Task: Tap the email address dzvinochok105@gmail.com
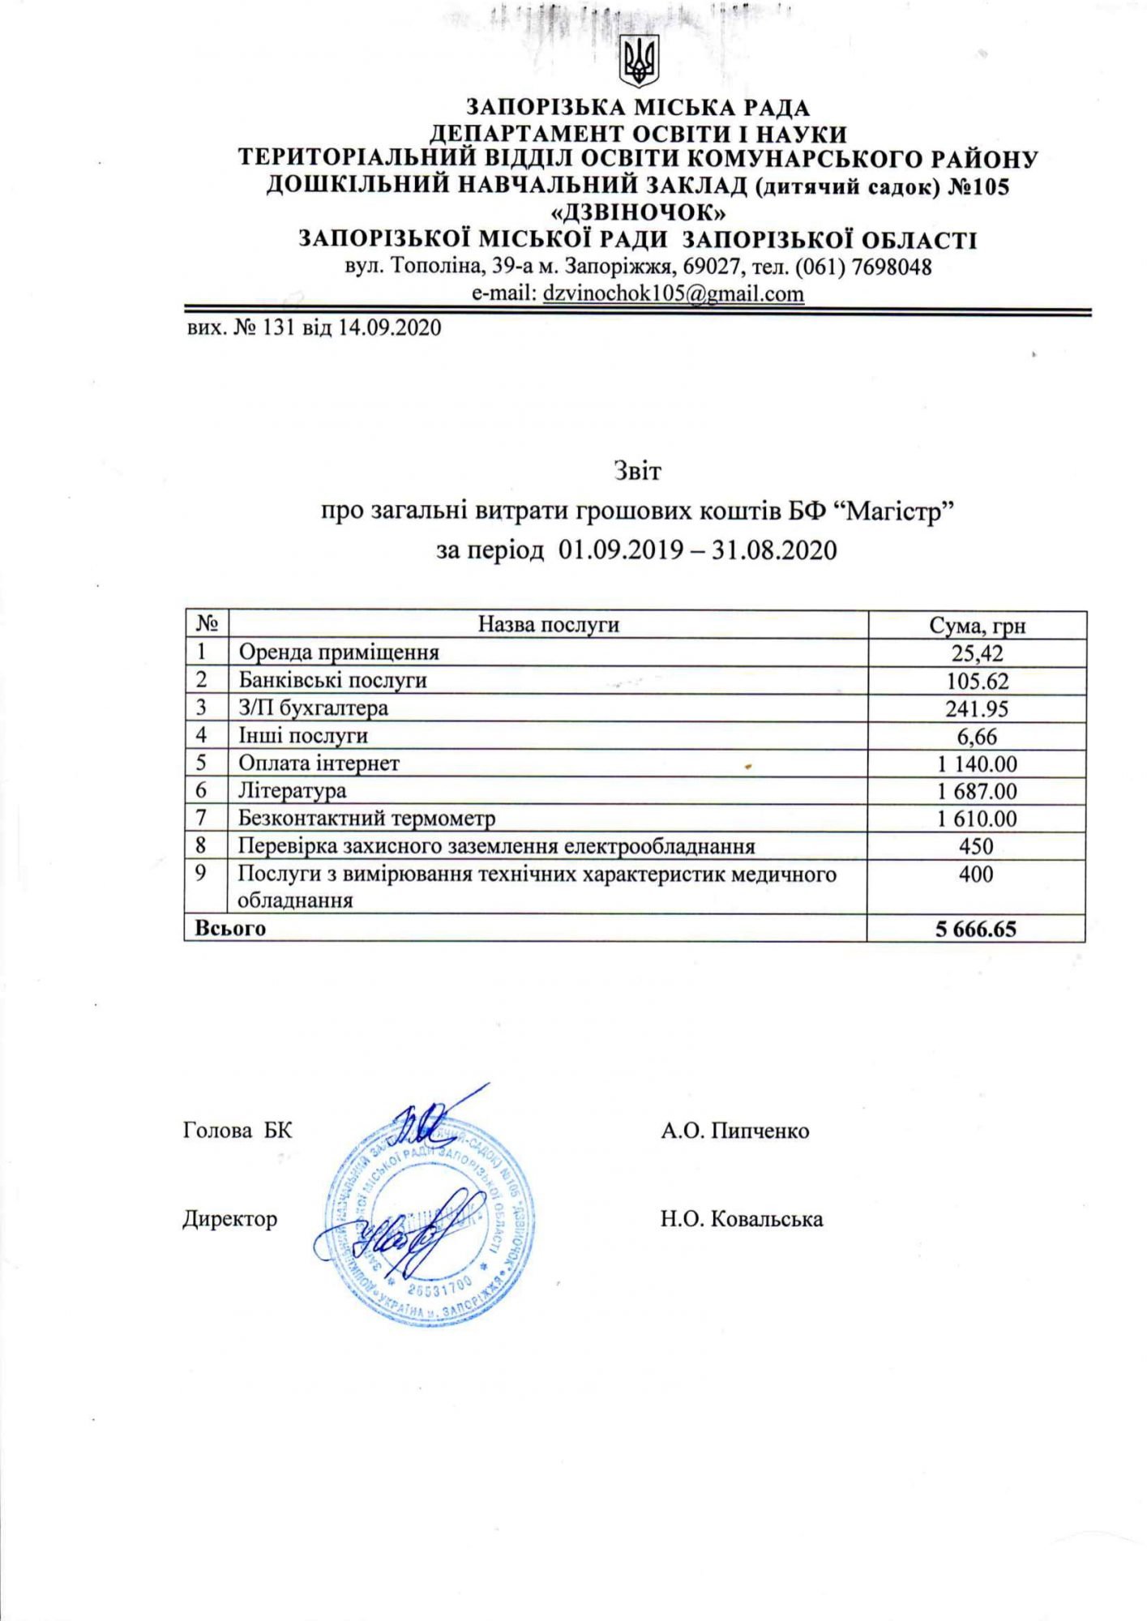click(x=674, y=293)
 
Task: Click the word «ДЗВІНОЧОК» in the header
click(x=638, y=213)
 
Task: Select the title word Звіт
click(x=637, y=471)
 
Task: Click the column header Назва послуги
click(x=548, y=624)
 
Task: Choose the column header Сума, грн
click(x=977, y=625)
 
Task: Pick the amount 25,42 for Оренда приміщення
click(x=977, y=653)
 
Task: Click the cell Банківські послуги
click(x=332, y=680)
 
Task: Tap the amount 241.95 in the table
click(x=977, y=709)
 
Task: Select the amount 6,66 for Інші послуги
click(x=977, y=737)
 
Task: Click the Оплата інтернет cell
click(x=319, y=763)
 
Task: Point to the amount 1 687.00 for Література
click(x=977, y=791)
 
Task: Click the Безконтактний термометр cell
click(x=366, y=819)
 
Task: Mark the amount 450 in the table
click(x=976, y=846)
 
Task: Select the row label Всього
click(x=230, y=929)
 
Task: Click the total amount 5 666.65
click(x=976, y=929)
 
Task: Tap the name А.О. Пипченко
click(x=734, y=1131)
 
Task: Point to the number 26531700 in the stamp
click(x=439, y=1286)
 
